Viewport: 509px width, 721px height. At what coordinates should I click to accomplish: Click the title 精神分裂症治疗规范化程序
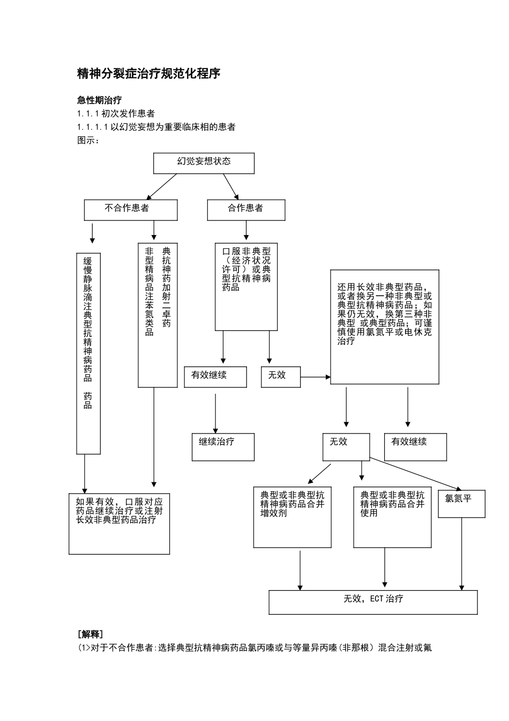point(149,74)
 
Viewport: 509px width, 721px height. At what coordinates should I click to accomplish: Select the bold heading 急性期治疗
point(99,100)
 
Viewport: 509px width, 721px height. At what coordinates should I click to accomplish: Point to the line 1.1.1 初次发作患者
point(116,114)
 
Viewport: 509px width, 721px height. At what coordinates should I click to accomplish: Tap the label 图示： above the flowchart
point(89,141)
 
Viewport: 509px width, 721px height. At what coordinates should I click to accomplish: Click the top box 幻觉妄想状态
point(204,163)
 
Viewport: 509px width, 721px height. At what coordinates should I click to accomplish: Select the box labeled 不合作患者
point(130,210)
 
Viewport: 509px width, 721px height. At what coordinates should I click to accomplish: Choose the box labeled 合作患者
point(246,210)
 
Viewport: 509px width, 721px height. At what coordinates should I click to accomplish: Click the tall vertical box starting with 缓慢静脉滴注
point(88,354)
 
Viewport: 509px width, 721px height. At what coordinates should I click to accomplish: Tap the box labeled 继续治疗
point(223,447)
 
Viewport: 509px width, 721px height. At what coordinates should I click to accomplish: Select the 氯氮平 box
point(461,504)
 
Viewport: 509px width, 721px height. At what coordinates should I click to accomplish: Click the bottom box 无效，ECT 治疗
point(373,602)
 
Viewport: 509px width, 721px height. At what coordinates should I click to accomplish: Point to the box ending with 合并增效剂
point(292,517)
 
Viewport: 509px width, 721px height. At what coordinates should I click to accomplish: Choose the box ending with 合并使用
point(392,517)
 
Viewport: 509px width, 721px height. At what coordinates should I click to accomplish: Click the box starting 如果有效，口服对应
point(119,524)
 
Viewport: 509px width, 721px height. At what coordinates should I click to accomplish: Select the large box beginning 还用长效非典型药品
point(385,327)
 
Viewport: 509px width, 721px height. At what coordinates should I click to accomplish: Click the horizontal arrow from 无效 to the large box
point(315,377)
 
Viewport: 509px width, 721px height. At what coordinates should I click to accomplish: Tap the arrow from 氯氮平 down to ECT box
point(462,554)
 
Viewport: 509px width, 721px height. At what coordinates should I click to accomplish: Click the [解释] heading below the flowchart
point(91,634)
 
